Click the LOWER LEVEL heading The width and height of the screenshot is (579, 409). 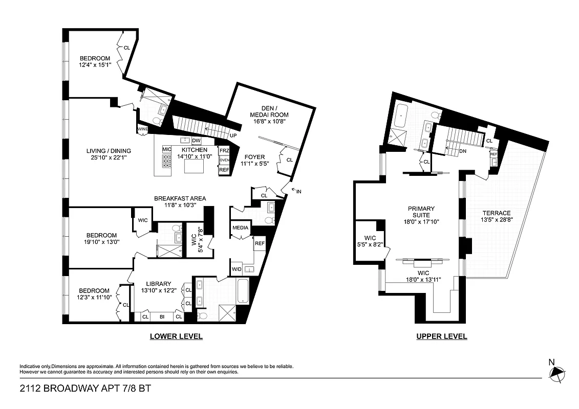click(176, 336)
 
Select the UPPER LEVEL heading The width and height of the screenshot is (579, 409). click(442, 336)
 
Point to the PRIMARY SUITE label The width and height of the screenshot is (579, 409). click(421, 209)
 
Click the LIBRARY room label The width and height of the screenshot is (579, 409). click(158, 284)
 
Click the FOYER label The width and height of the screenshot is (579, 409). click(254, 157)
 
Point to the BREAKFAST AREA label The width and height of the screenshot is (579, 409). click(180, 198)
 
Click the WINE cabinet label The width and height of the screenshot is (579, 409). click(142, 129)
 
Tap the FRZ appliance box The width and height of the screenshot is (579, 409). click(224, 151)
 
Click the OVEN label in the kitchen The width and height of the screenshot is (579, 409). click(224, 160)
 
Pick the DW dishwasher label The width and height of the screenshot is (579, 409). click(196, 141)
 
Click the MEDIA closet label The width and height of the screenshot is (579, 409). click(240, 228)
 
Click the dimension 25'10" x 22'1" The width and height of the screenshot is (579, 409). click(109, 157)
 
